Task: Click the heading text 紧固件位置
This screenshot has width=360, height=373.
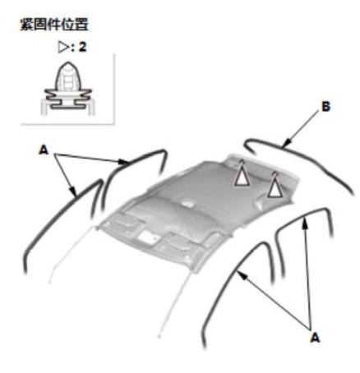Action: coord(54,25)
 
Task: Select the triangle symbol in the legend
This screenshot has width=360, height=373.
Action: coord(63,47)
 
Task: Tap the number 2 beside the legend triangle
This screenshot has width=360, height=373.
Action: coord(82,47)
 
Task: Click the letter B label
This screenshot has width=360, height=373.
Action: coord(325,107)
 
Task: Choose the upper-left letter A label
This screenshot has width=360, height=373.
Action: coord(44,150)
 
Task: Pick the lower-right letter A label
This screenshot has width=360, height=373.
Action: coord(315,337)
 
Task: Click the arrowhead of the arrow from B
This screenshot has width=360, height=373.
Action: coord(286,144)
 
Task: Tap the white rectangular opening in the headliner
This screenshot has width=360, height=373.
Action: coord(148,237)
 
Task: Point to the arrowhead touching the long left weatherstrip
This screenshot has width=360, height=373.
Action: coord(73,191)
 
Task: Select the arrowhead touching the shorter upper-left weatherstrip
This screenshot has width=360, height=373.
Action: coord(123,162)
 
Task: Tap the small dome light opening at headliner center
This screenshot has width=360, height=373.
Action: coord(187,204)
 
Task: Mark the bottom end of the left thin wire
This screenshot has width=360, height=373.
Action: coord(49,282)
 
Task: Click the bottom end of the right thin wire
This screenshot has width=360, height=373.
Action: coord(159,337)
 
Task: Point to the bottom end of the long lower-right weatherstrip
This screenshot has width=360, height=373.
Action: coord(204,347)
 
